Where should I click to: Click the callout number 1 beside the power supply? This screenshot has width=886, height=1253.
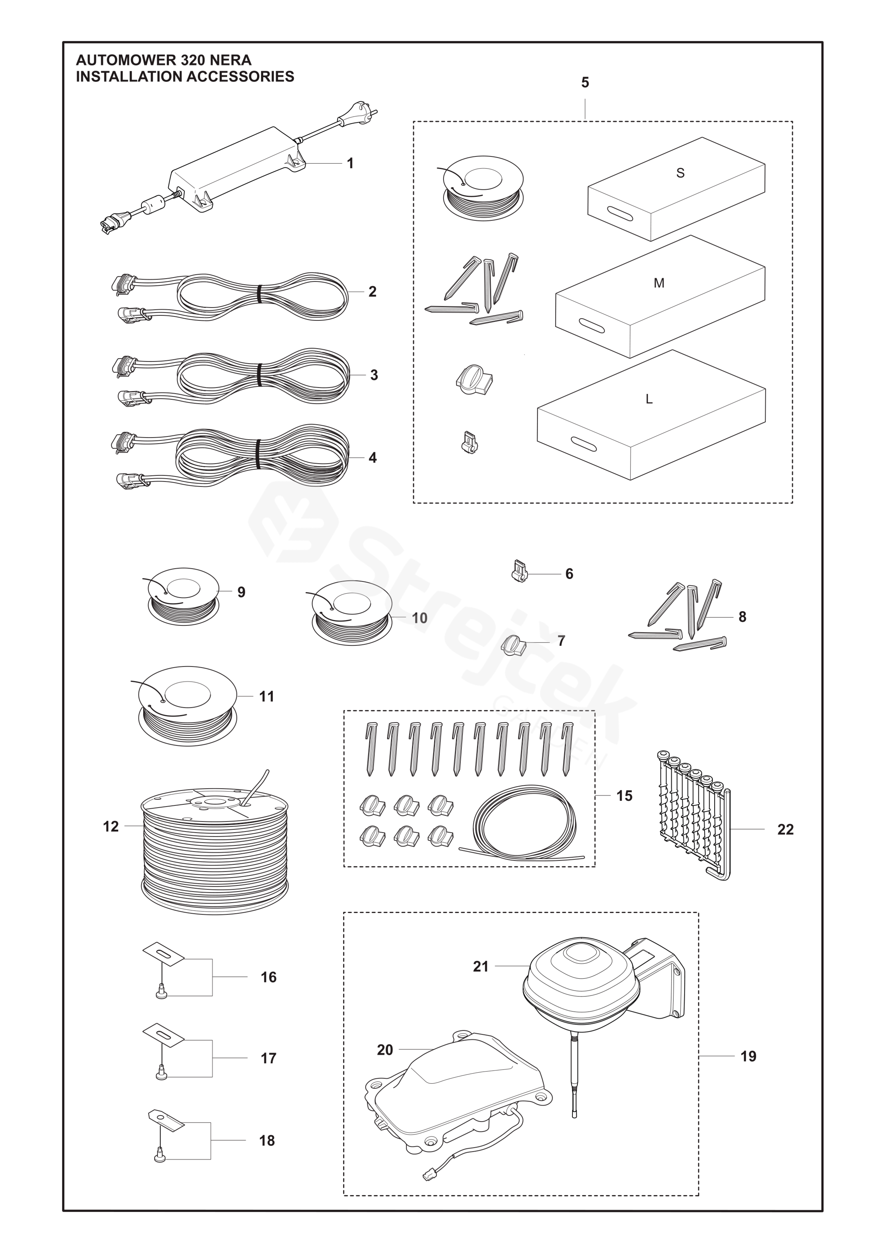coord(350,163)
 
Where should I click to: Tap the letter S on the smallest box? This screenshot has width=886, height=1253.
coord(680,173)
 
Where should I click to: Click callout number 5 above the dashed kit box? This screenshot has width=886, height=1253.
coord(585,83)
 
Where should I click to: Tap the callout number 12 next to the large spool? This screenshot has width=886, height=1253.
coord(111,827)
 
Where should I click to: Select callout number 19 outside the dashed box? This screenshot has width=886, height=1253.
coord(748,1056)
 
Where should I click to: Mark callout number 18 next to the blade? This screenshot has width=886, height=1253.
coord(267,1141)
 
